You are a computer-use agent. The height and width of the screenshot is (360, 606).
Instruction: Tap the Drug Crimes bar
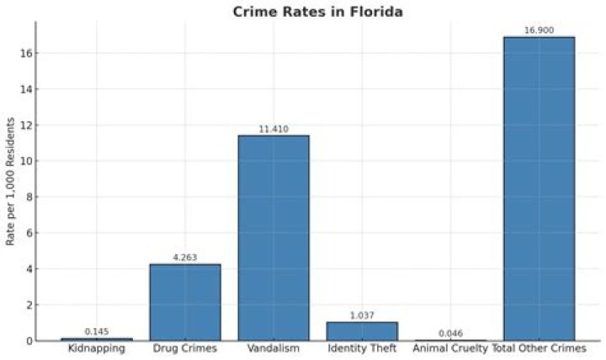click(185, 302)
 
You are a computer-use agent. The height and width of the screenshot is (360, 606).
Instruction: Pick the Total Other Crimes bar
click(539, 188)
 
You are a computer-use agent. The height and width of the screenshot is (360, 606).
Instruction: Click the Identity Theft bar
click(362, 331)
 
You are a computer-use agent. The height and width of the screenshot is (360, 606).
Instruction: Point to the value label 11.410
click(274, 129)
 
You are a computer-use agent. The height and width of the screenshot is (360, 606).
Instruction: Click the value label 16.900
click(539, 30)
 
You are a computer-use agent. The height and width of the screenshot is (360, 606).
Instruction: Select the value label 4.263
click(185, 257)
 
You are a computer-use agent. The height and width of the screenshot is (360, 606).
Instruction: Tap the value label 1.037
click(362, 315)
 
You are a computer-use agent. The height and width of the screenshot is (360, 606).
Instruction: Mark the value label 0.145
click(97, 331)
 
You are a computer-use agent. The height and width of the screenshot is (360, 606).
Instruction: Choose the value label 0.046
click(450, 333)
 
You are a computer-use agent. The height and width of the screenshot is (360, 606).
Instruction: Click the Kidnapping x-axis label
click(97, 348)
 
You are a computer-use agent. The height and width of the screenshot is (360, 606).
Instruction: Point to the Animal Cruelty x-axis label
click(450, 348)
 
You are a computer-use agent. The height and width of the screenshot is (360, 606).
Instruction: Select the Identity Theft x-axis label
click(362, 348)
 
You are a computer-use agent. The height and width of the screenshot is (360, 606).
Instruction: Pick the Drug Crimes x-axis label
click(185, 348)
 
